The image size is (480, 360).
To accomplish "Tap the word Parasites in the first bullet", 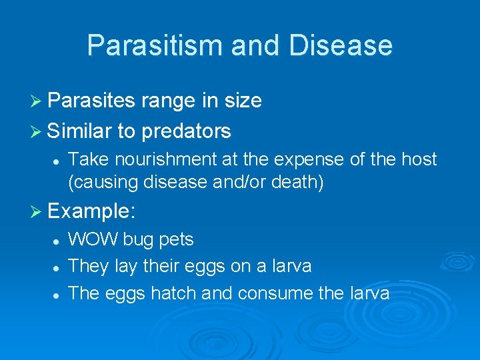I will tap(92, 101).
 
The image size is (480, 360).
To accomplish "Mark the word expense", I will tap(327, 159).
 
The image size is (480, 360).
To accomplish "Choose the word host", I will tap(419, 159).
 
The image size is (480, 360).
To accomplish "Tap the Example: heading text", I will tap(92, 212).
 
